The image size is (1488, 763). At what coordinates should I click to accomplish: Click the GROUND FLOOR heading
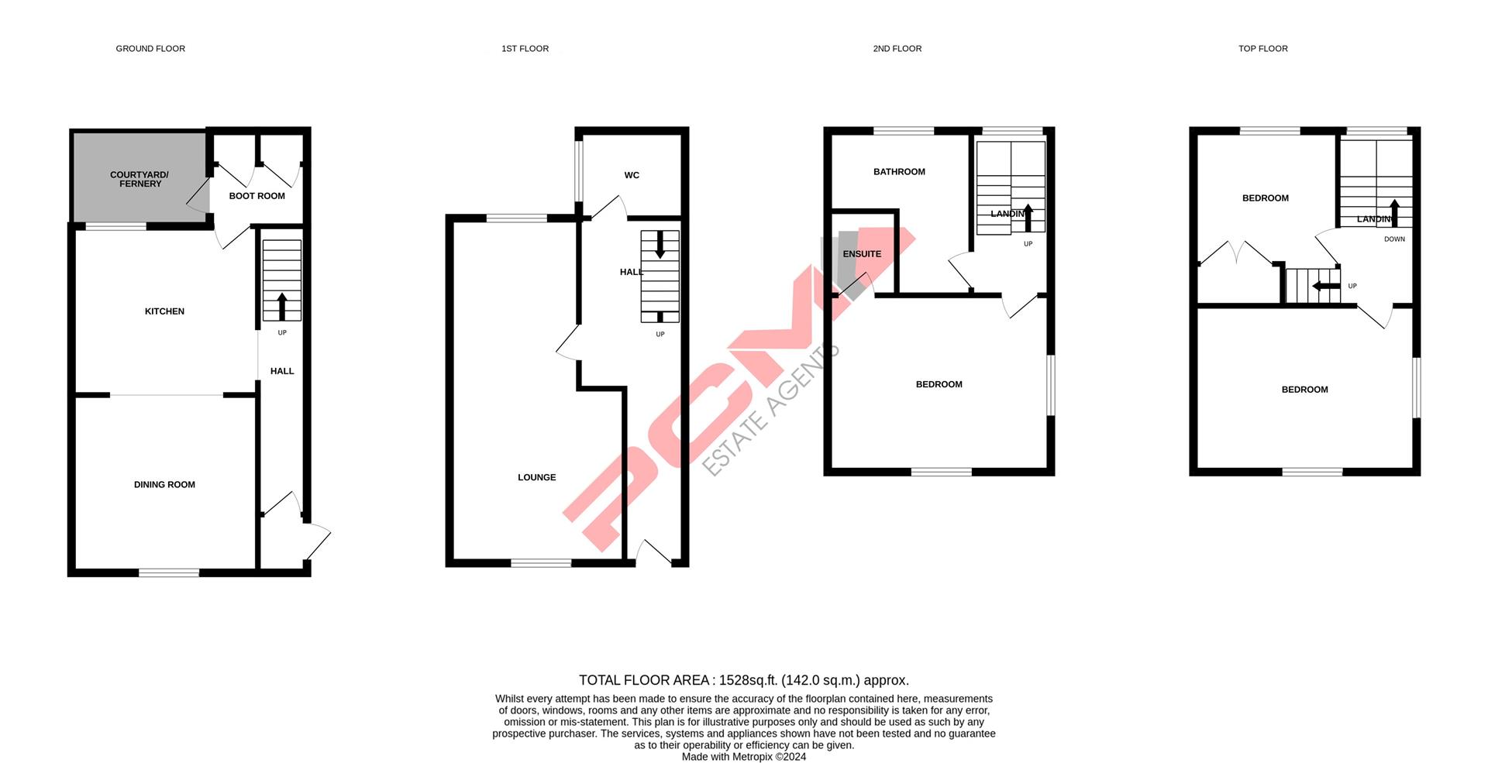click(x=150, y=49)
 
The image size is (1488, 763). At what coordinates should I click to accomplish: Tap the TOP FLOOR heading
click(x=1262, y=49)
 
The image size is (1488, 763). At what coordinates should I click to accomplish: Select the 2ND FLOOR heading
click(x=897, y=49)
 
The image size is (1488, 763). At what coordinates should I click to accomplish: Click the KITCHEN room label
click(x=164, y=311)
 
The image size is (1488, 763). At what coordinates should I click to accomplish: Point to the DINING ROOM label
click(x=164, y=485)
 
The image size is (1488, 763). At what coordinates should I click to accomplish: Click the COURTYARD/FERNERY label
click(x=139, y=179)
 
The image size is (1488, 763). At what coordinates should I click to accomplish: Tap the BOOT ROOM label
click(x=257, y=196)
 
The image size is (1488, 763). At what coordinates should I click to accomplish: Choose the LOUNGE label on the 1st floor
click(x=536, y=477)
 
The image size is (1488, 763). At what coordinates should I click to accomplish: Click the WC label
click(x=632, y=175)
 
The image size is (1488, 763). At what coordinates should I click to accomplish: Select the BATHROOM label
click(x=899, y=172)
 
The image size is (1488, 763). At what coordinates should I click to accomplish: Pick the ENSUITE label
click(x=862, y=254)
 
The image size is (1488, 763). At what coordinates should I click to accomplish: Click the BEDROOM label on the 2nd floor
click(x=939, y=384)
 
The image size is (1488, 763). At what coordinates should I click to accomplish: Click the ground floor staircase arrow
click(x=282, y=306)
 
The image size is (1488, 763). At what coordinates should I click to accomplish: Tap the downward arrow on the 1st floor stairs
click(x=660, y=245)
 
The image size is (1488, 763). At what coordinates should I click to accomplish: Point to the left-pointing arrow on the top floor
click(x=1325, y=287)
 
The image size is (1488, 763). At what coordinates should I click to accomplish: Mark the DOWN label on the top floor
click(x=1394, y=239)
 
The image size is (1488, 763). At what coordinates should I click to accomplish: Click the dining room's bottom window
click(x=169, y=573)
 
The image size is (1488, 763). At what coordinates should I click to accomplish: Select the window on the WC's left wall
click(x=578, y=170)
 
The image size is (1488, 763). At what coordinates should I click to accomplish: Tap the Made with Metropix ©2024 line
click(x=743, y=757)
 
